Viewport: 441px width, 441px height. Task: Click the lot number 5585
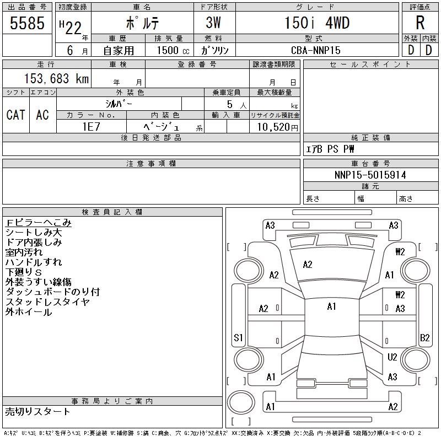point(27,23)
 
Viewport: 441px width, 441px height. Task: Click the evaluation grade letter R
point(420,23)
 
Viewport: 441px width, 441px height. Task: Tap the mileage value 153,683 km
point(56,78)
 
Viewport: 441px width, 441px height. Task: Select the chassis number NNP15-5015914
point(370,175)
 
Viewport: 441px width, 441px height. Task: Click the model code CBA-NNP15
point(315,50)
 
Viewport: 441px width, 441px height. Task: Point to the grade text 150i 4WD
point(317,23)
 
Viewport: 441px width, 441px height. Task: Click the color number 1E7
point(91,127)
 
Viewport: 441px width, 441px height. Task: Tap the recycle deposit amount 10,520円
point(277,127)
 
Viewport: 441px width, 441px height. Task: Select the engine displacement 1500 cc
point(173,50)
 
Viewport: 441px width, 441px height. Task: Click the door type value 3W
point(213,23)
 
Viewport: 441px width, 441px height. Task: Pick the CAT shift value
point(16,115)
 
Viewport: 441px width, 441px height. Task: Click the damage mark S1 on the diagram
point(238,337)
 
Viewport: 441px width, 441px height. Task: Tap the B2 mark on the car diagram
point(424,337)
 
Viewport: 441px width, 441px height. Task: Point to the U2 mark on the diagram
point(392,357)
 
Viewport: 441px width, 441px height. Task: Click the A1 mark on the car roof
point(332,306)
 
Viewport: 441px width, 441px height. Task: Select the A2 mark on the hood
point(308,265)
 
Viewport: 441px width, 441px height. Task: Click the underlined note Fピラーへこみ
point(39,223)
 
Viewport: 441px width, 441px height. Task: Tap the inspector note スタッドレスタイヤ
point(47,302)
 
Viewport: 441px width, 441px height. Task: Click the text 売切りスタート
point(37,411)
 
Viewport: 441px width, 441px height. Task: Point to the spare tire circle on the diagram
point(241,402)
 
